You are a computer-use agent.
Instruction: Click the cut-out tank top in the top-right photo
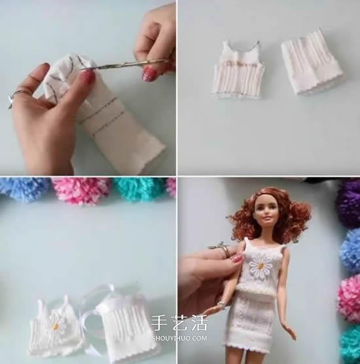pos(238,69)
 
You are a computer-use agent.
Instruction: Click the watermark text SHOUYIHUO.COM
pos(179,338)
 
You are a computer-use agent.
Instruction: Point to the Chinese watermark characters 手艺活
pos(179,323)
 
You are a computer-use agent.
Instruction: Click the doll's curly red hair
pos(269,214)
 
